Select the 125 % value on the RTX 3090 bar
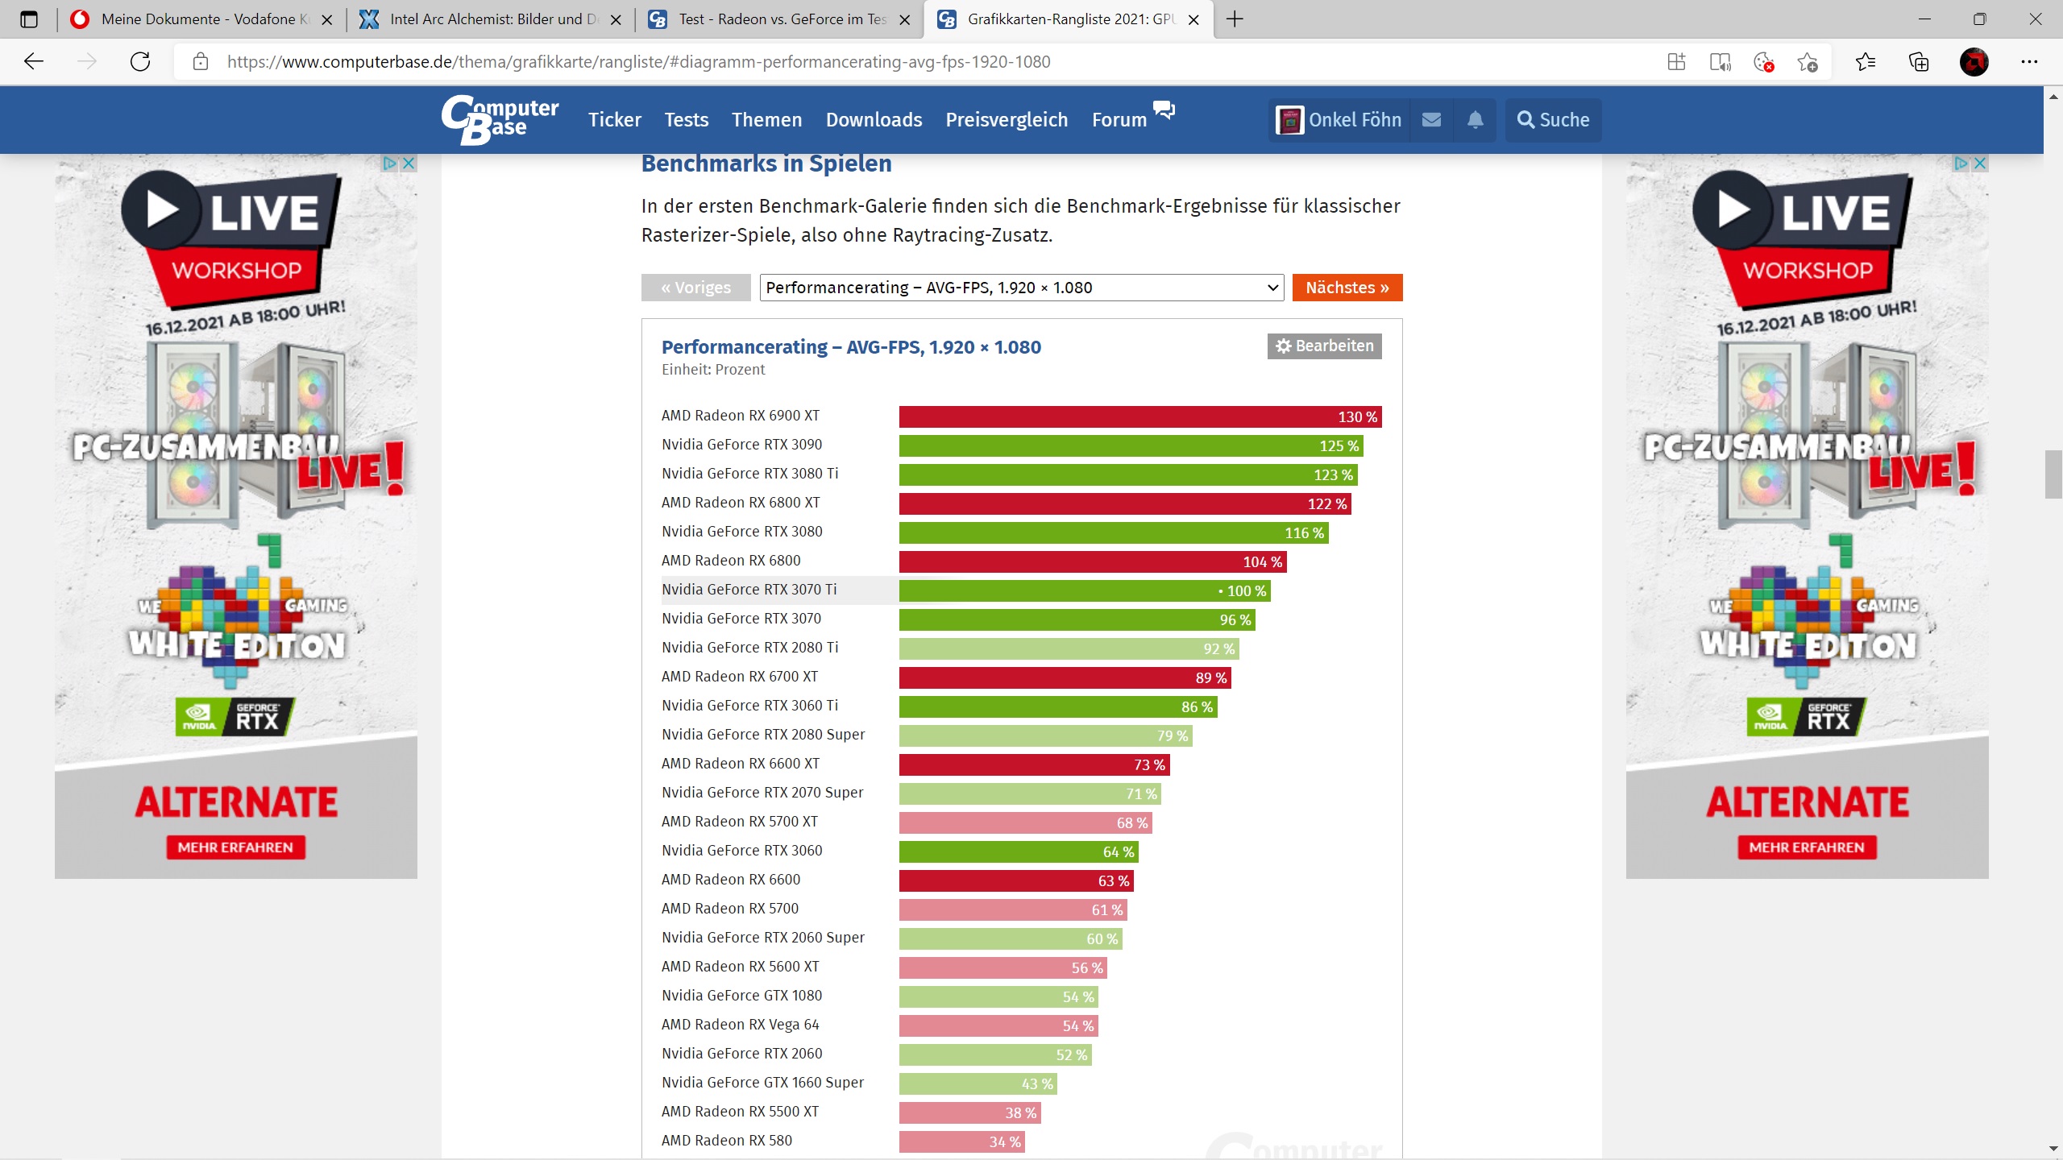point(1338,446)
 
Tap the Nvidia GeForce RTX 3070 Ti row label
point(749,590)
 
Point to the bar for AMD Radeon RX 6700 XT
point(1064,677)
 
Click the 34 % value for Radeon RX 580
point(1004,1141)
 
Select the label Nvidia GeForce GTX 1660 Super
point(762,1083)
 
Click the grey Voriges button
point(695,288)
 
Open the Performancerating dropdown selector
point(1021,288)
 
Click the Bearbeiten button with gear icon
point(1324,346)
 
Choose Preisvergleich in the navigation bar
point(1006,120)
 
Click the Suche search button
point(1553,120)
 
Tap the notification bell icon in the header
point(1475,120)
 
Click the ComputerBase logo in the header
point(500,120)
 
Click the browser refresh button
point(140,62)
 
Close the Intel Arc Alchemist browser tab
point(616,20)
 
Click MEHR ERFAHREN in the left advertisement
point(235,847)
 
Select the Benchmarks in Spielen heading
point(766,164)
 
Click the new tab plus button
point(1235,19)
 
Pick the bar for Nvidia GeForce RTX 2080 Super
point(1044,735)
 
